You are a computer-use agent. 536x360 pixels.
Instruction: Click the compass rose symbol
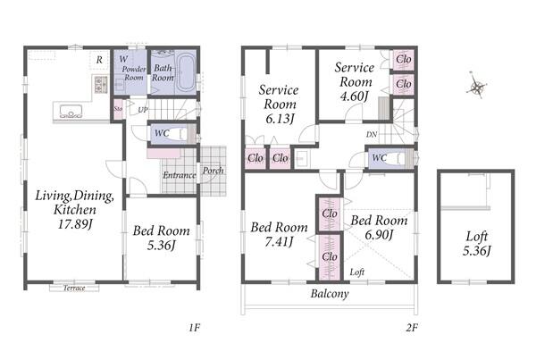click(x=476, y=86)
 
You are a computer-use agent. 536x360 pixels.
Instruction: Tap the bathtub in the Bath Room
click(x=186, y=72)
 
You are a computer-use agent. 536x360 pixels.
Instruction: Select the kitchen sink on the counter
click(x=71, y=111)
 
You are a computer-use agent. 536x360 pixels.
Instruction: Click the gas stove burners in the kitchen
click(x=101, y=85)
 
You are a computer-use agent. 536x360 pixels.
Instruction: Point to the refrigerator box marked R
click(x=99, y=60)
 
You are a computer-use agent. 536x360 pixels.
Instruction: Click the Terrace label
click(x=74, y=289)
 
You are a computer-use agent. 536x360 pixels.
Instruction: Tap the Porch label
click(x=213, y=171)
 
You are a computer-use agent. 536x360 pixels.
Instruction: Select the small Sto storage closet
click(x=118, y=109)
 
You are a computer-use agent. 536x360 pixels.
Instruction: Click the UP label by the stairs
click(x=143, y=110)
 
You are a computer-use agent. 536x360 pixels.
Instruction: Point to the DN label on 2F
click(x=372, y=135)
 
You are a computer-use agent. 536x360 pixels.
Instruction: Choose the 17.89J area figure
click(x=75, y=224)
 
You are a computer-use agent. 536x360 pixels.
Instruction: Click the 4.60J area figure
click(x=354, y=96)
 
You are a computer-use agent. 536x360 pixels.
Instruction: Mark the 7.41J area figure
click(x=279, y=242)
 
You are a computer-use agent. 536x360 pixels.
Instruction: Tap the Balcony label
click(x=330, y=294)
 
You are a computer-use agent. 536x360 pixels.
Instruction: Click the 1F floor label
click(x=194, y=328)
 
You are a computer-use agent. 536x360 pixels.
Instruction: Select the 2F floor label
click(x=412, y=328)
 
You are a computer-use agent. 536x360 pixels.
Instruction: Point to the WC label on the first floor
click(x=162, y=133)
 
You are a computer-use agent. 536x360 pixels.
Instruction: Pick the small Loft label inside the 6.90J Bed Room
click(x=356, y=272)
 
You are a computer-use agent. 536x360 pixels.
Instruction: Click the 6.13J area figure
click(x=280, y=119)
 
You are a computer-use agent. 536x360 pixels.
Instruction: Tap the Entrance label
click(x=180, y=175)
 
